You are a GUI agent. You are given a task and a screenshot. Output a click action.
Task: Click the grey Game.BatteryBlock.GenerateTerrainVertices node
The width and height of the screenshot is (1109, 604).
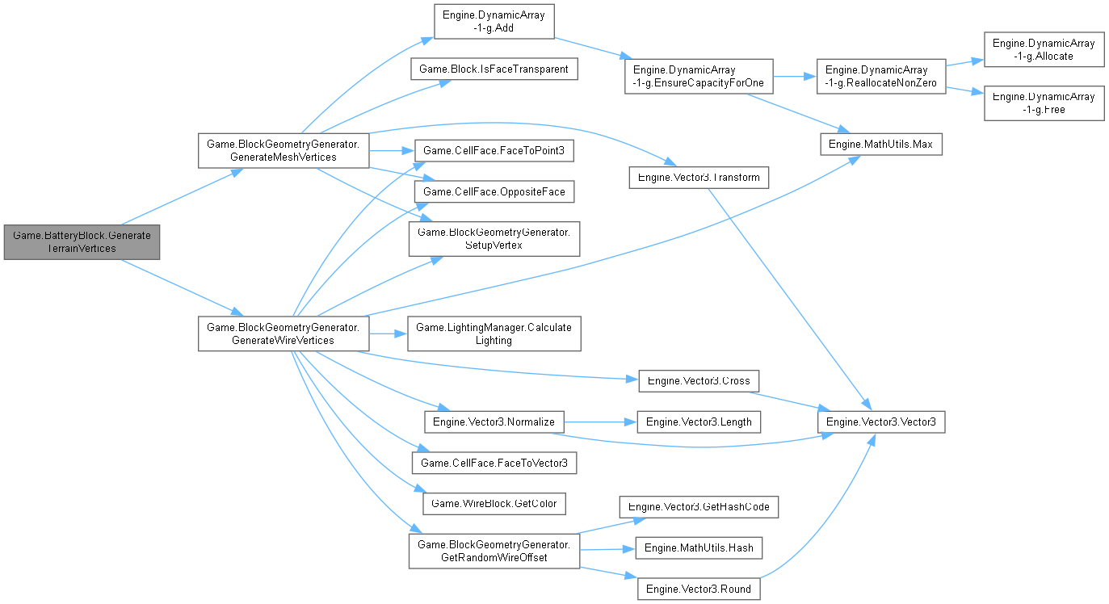82,241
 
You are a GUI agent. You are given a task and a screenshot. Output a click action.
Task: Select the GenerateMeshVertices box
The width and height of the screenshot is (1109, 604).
284,150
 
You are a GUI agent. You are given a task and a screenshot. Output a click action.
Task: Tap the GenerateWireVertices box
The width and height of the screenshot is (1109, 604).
284,333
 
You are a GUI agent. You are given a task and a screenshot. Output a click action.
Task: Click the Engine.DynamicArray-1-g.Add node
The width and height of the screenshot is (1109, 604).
494,21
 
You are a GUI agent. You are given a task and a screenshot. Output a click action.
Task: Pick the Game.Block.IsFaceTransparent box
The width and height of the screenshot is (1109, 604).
494,69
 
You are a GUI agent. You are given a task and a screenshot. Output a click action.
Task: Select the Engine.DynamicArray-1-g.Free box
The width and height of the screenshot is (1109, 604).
1044,103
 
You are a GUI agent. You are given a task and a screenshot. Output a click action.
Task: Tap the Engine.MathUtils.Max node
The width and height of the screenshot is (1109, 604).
880,144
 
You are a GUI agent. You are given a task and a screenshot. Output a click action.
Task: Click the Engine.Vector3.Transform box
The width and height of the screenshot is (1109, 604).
699,177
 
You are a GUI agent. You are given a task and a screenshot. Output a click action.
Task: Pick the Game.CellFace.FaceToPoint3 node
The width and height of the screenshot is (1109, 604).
494,150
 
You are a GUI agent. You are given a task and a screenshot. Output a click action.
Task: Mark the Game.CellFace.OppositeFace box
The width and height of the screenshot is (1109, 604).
494,191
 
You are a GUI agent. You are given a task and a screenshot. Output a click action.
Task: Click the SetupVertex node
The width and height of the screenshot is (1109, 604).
494,238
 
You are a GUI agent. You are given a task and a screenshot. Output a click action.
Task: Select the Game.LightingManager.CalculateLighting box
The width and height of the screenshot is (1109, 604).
494,333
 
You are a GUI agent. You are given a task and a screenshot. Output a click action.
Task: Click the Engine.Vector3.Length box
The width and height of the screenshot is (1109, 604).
699,422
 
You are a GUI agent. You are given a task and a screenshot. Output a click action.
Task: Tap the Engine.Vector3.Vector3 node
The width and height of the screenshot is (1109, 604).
880,422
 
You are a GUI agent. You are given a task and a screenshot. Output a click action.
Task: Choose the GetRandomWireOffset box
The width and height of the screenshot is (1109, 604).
494,552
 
